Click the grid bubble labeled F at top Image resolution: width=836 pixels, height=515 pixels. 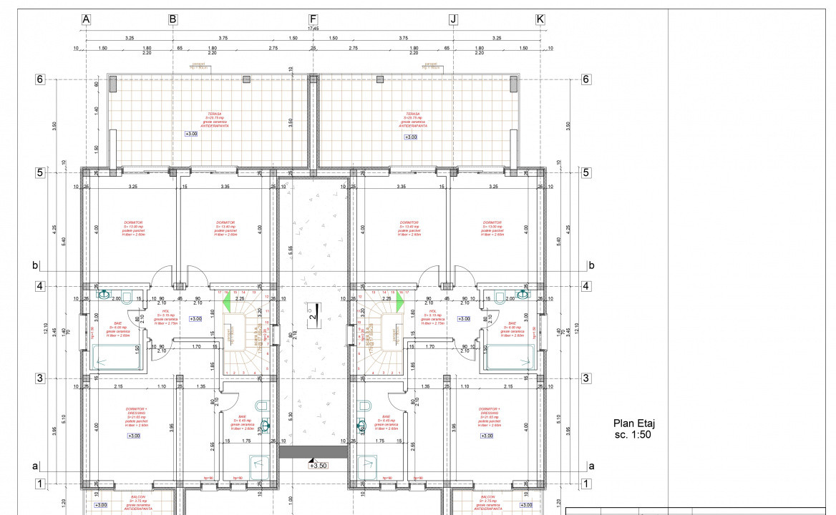pos(313,19)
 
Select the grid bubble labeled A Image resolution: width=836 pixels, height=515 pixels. pos(86,19)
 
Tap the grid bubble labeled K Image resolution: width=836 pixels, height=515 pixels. pos(540,19)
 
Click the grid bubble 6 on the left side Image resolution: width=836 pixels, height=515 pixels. pos(41,79)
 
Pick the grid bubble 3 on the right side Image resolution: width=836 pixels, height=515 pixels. pos(585,378)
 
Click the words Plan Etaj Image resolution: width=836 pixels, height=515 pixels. pos(634,423)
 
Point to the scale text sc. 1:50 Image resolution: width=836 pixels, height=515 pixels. pos(634,434)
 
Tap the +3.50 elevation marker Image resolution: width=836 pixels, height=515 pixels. pos(317,465)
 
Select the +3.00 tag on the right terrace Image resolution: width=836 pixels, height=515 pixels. pos(411,137)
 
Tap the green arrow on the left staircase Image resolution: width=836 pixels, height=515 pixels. pos(227,303)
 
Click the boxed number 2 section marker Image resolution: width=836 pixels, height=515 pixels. pos(313,314)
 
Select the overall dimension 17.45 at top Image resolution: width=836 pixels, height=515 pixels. pos(313,29)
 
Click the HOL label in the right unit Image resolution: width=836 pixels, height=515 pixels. pos(433,311)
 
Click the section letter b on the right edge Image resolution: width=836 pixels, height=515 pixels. pos(591,265)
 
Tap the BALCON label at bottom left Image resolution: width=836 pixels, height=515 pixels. pos(137,496)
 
